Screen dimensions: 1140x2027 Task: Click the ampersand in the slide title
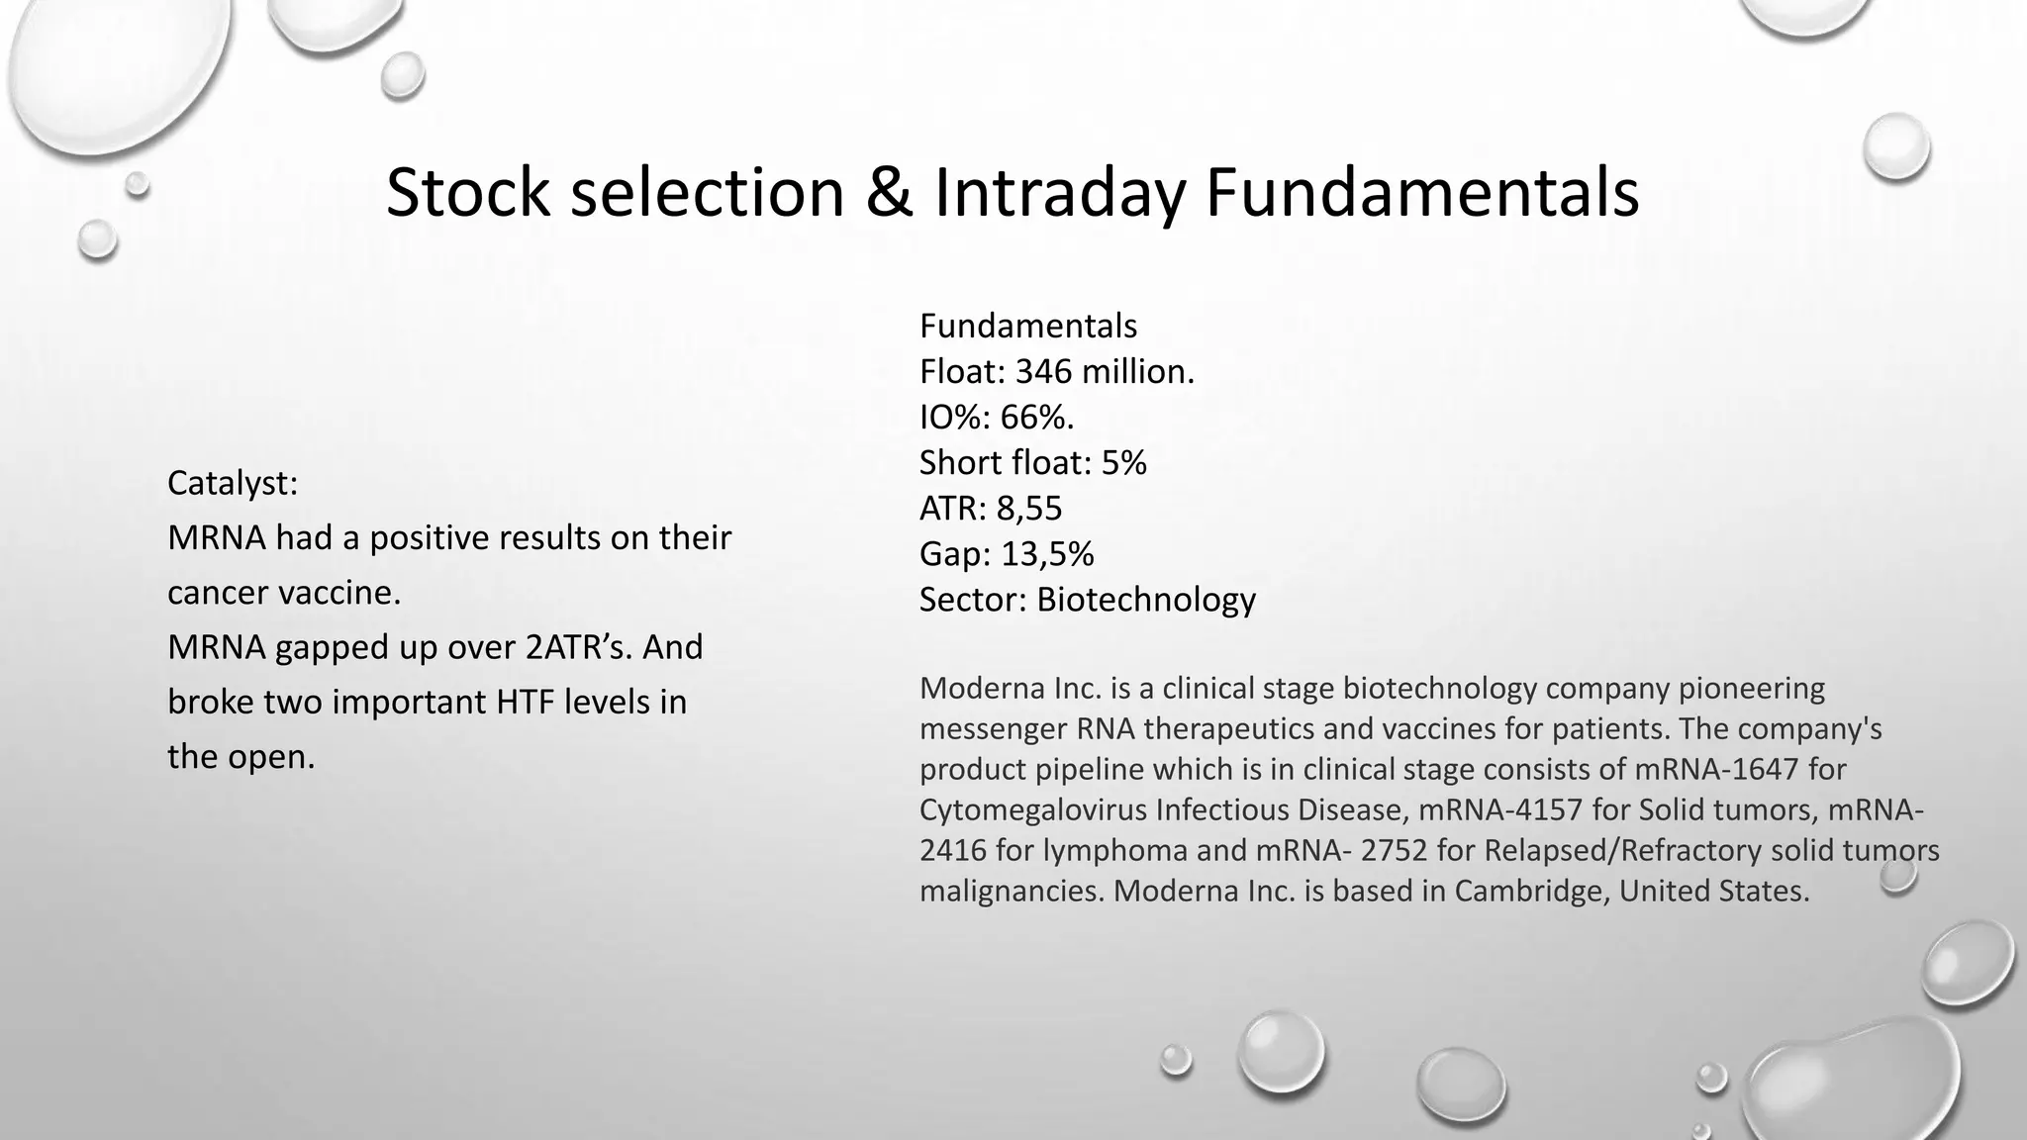[x=889, y=192]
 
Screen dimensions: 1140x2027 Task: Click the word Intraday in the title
[x=1059, y=192]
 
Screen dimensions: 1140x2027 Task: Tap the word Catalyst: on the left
[x=233, y=483]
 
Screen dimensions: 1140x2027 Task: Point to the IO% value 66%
[x=1036, y=418]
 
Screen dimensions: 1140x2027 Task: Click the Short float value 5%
[x=1123, y=463]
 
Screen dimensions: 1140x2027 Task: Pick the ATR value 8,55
[x=1028, y=509]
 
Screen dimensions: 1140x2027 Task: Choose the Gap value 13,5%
[x=1047, y=554]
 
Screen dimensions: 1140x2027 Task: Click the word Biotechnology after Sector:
[x=1146, y=600]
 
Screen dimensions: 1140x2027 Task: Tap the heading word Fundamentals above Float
[x=1028, y=326]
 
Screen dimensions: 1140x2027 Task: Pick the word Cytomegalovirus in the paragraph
[x=1032, y=809]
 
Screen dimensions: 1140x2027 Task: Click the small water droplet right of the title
[x=1895, y=146]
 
